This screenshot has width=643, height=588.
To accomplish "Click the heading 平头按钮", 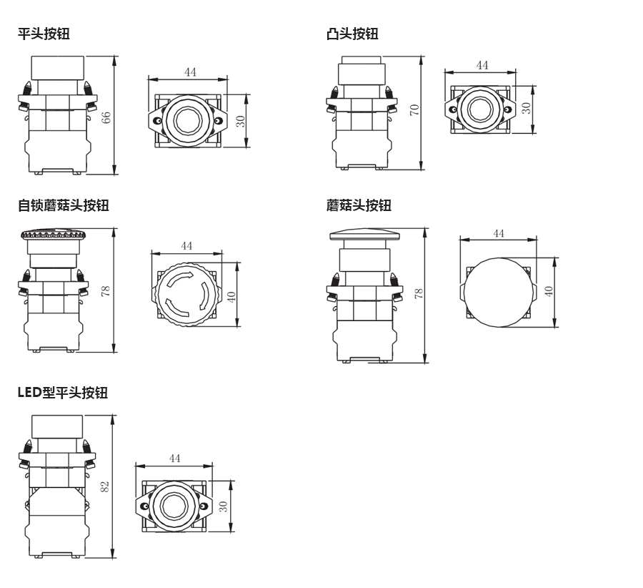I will point(44,33).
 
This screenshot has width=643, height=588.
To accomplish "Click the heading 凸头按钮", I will point(352,34).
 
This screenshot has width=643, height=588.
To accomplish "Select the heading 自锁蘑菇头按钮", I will point(63,205).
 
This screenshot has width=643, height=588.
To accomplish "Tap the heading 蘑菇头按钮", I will point(359,205).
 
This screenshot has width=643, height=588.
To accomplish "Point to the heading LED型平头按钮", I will point(62,392).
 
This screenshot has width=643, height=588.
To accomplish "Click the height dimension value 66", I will point(106,117).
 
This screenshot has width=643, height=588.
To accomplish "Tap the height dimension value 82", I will point(104,486).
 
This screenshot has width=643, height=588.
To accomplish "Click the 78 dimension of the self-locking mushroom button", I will point(105,290).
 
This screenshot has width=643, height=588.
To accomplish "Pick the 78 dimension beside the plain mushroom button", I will point(419,293).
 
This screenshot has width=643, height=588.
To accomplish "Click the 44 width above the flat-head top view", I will point(190,72).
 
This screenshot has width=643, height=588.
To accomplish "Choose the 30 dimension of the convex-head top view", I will point(526,108).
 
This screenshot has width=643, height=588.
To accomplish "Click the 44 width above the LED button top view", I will point(174,458).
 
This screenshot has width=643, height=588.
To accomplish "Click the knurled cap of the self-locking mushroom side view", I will point(54,233).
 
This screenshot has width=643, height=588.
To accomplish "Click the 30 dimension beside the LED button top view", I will point(223,506).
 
